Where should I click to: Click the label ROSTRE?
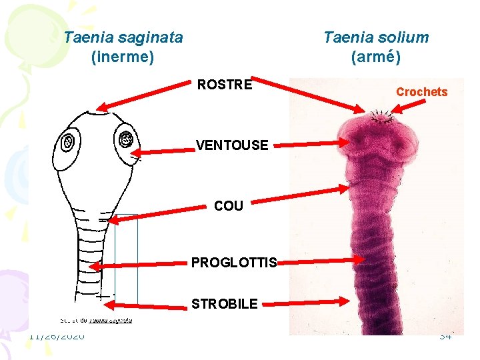coord(225,85)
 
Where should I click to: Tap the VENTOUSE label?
coord(232,145)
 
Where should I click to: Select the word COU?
coord(229,206)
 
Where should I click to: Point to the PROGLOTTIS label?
coord(234,263)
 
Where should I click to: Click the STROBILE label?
coord(224,304)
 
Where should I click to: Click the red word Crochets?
coord(421,92)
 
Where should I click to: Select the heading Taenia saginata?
coord(123,37)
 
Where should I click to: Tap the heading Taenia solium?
coord(376,37)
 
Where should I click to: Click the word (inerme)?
coord(123,57)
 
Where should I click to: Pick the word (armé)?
coord(376,57)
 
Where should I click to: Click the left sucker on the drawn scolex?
coord(68,141)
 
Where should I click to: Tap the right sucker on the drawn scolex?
coord(125,139)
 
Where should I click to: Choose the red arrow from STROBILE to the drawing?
coord(140,305)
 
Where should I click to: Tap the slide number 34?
coord(445,336)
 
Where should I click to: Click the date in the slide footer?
coord(57,336)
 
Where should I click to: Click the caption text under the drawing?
coord(97,320)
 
